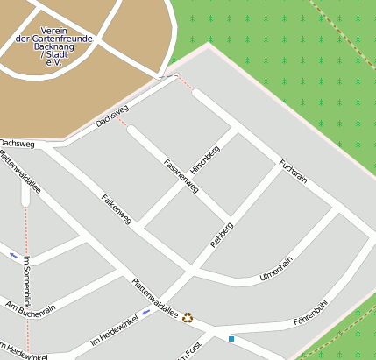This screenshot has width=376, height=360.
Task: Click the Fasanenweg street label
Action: [x=182, y=175]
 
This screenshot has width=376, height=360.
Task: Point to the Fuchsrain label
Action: [x=293, y=170]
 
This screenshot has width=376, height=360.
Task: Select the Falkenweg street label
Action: [x=116, y=209]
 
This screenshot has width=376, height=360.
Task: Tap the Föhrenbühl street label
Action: [x=311, y=313]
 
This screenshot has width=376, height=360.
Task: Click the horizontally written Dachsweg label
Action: [x=18, y=143]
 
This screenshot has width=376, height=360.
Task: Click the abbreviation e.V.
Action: [x=54, y=63]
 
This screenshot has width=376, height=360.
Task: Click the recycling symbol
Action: [x=188, y=317]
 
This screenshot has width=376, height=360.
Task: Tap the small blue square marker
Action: [x=231, y=338]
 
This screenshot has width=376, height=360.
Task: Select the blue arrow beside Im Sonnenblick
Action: [x=14, y=255]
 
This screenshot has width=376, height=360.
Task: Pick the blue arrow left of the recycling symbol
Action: [x=146, y=312]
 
